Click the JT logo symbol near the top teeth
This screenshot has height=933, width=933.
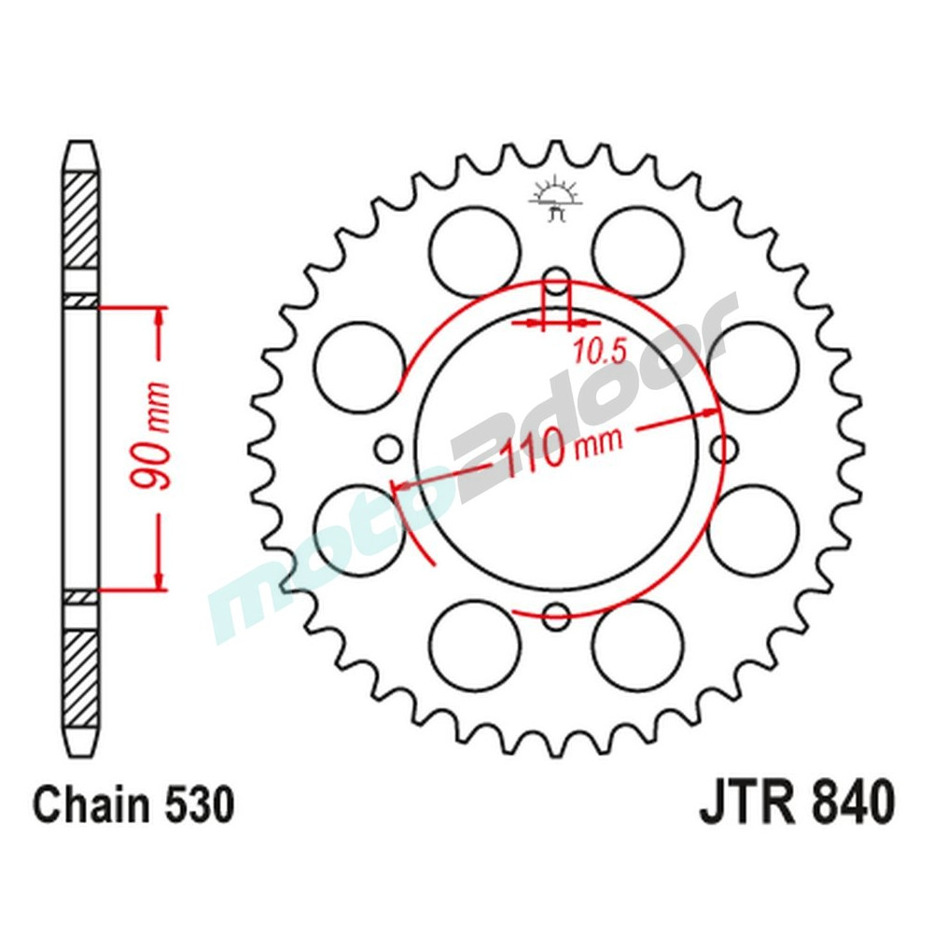tap(556, 198)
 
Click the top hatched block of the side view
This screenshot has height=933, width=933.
tap(80, 219)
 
